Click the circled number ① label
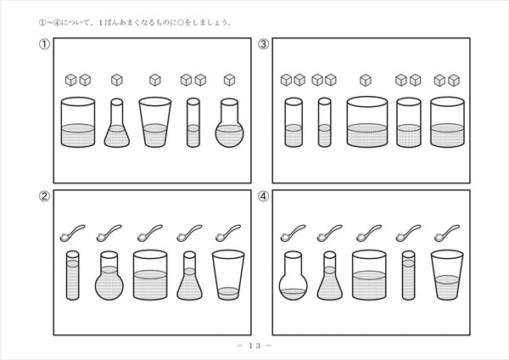point(44,44)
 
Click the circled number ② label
point(44,196)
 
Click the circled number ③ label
point(264,44)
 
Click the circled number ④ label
point(264,196)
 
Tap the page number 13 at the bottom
point(255,346)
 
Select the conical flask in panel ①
point(117,123)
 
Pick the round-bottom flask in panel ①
point(229,123)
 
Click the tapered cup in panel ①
point(155,122)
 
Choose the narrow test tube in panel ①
point(193,123)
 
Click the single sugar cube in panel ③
point(366,80)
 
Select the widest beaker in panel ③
point(367,122)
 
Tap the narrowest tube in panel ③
point(325,122)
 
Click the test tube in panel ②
point(73,276)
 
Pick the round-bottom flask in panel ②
point(109,276)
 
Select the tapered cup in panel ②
point(228,274)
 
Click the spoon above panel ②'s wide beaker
point(150,233)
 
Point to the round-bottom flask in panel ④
point(294,276)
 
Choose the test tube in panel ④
point(408,276)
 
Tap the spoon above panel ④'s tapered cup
point(447,233)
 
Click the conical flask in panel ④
point(330,276)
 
